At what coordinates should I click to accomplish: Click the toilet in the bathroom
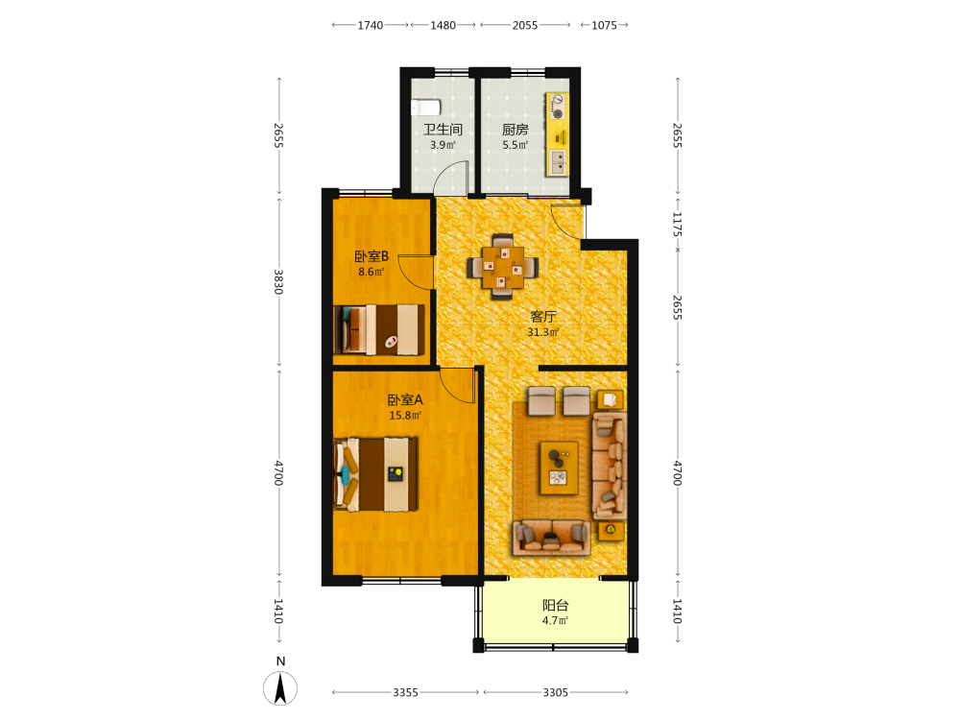coord(425,108)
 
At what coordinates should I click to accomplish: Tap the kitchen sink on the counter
coord(558,162)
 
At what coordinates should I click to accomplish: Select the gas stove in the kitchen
coord(557,106)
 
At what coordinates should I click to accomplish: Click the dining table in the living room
coord(503,267)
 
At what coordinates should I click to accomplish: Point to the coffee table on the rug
coord(559,468)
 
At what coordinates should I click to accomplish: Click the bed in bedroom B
coord(379,329)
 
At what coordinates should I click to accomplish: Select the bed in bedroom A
coord(376,474)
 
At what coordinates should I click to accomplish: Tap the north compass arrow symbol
coord(280,687)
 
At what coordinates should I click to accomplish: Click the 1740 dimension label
coord(370,25)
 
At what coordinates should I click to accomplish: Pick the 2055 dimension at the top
coord(525,25)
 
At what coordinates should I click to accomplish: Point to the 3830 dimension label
coord(278,281)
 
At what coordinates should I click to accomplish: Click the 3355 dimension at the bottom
coord(405,692)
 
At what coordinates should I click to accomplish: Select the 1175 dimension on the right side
coord(677,224)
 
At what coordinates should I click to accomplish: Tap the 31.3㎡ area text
coord(543,332)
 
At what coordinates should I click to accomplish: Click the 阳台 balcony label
coord(555,606)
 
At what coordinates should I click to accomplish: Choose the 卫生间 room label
coord(443,130)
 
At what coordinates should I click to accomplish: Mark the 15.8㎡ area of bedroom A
coord(405,415)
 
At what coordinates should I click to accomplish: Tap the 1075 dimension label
coord(604,25)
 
